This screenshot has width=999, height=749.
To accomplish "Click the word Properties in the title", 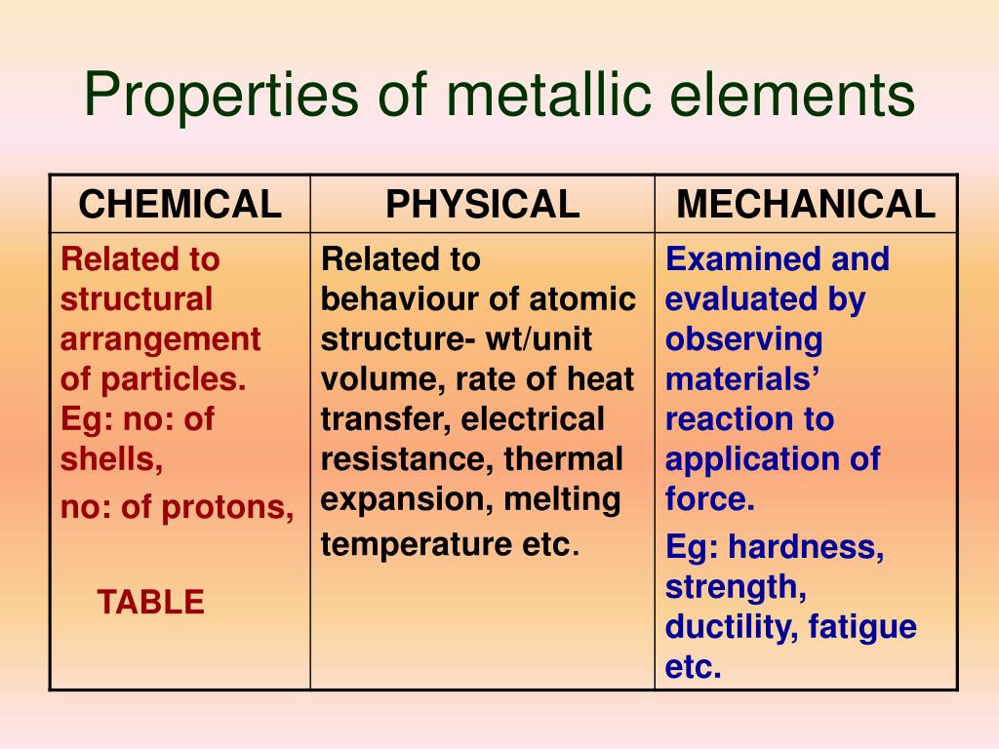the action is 221,96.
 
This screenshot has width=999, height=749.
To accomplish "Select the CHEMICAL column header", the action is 180,205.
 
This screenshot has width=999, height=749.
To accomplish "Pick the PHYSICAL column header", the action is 482,205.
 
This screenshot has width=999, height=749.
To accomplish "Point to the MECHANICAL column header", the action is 806,205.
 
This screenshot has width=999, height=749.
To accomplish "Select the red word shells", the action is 111,459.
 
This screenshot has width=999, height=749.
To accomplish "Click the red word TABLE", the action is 151,602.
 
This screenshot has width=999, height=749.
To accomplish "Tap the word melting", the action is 562,500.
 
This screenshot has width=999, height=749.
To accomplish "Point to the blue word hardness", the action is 806,547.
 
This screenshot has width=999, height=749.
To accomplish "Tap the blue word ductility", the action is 732,627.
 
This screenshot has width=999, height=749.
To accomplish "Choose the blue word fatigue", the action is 862,627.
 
